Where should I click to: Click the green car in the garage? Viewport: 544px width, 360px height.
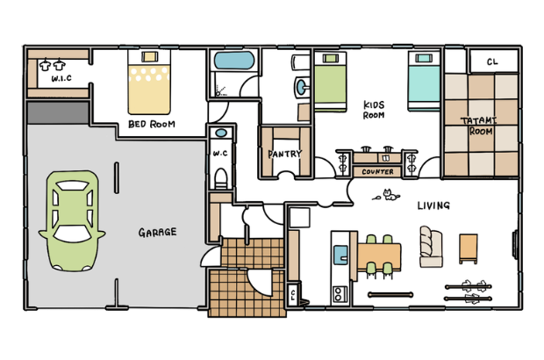click(72, 220)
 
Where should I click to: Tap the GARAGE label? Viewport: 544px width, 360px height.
click(158, 233)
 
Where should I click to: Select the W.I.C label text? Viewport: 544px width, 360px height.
click(61, 78)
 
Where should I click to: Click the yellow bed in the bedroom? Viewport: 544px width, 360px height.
click(149, 83)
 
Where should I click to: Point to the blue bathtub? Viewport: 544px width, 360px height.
click(234, 61)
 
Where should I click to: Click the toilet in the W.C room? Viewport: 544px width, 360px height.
click(221, 177)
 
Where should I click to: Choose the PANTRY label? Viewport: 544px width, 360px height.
click(285, 154)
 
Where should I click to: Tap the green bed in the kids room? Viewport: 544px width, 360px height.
click(330, 82)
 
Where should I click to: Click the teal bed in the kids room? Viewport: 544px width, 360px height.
click(424, 81)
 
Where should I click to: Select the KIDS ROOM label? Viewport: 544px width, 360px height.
click(374, 110)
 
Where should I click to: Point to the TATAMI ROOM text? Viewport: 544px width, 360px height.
click(479, 126)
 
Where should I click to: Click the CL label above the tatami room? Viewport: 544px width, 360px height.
click(492, 61)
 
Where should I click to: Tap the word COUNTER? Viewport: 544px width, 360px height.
click(377, 172)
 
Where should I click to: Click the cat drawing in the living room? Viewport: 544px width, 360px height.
click(390, 195)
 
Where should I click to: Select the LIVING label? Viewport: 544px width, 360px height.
click(433, 205)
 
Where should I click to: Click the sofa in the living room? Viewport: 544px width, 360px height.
click(431, 247)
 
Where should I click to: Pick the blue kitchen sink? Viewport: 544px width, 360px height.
click(340, 256)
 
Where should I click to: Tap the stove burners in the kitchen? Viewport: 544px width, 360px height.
click(339, 294)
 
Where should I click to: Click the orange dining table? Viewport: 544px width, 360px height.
click(379, 256)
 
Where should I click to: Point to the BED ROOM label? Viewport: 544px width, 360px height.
click(152, 124)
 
